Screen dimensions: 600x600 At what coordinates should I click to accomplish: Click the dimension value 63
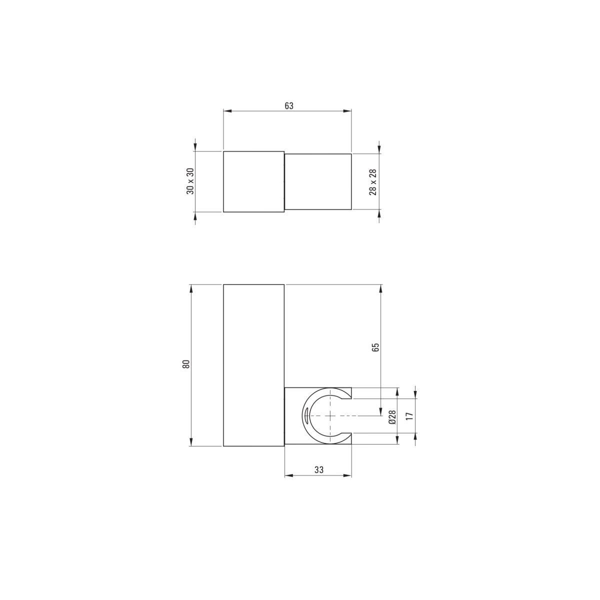click(x=288, y=106)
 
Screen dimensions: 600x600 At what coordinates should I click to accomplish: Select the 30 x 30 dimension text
click(x=190, y=181)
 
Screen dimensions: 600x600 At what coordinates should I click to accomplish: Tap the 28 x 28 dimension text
click(x=372, y=182)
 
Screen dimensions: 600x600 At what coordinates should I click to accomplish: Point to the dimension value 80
click(x=186, y=364)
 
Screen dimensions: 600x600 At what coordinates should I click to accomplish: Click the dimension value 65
click(x=376, y=347)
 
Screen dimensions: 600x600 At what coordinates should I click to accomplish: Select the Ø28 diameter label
click(x=392, y=416)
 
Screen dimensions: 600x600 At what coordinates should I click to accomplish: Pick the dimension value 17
click(x=409, y=416)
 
